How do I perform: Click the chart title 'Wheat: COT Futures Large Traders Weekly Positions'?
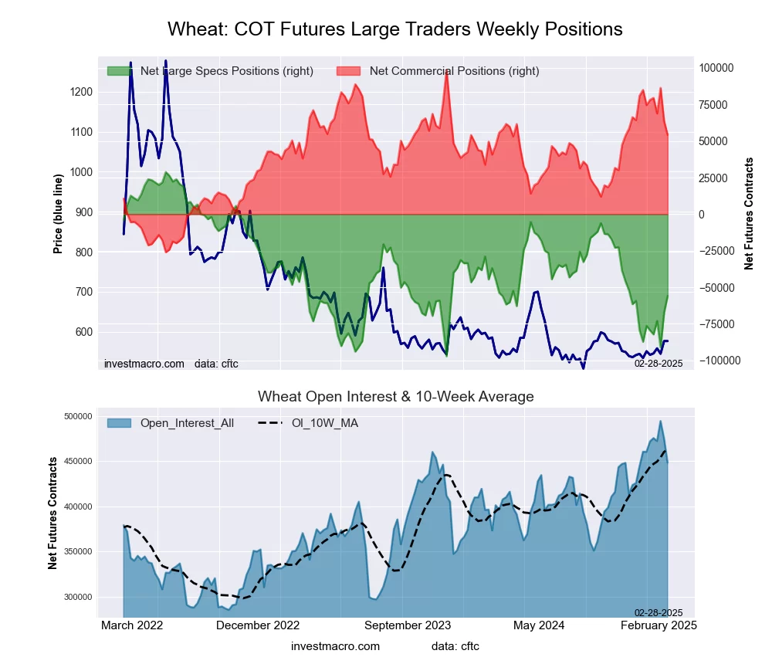tap(394, 29)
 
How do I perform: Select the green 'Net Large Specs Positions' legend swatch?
tap(120, 71)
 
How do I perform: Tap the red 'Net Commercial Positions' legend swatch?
tap(349, 71)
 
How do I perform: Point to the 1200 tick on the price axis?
tap(81, 92)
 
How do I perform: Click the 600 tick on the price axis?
tap(83, 332)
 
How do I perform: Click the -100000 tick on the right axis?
tap(719, 361)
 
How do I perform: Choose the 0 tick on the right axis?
tap(702, 215)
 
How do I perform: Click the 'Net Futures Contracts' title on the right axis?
tap(749, 214)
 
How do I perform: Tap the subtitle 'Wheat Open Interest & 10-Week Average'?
tap(395, 397)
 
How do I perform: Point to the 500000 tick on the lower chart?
tap(77, 417)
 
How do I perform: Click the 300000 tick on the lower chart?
tap(77, 597)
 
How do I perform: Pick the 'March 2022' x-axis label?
tap(132, 625)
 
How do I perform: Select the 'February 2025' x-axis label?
tap(659, 625)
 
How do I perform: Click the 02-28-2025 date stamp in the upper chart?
tap(659, 363)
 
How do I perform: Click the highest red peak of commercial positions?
tap(447, 71)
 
